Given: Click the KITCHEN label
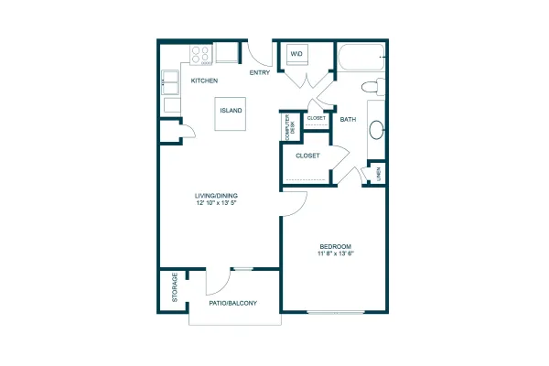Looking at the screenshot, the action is coord(204,81).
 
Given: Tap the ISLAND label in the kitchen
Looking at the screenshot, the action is coord(231,111).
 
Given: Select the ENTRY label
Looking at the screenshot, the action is coord(260,72).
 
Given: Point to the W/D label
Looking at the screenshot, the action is coord(296,54).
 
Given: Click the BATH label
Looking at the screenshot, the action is coord(348,120).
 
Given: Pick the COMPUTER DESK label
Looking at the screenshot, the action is coord(290,127).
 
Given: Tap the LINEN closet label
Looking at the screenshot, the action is coord(379,174).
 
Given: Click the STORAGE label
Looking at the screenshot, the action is coord(175,287).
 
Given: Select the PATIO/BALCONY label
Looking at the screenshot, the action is coord(232,303).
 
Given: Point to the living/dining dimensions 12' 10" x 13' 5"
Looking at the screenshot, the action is coord(217,202).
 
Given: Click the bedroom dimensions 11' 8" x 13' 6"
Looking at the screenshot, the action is coord(336,253).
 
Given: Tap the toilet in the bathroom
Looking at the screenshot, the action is coord(373,87).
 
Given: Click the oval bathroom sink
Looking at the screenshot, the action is coord(377,130).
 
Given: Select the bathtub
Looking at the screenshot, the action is coord(361,58).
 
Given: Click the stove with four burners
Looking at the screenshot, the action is coord(201,55).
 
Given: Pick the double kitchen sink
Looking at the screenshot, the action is coord(170,82).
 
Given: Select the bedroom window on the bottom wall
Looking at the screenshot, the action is coord(336,312).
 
